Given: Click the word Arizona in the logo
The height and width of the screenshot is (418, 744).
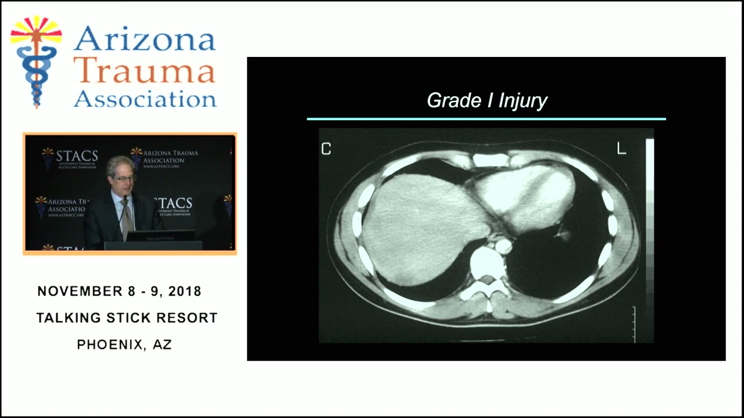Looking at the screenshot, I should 144,39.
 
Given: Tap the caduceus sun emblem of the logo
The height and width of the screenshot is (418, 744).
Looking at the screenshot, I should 36,61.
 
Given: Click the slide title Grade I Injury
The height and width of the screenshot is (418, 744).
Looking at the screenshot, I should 487,100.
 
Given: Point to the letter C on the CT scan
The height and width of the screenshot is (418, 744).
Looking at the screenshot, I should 326,149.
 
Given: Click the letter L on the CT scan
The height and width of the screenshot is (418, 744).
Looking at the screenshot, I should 621,149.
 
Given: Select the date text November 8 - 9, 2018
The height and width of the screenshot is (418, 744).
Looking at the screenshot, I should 119,291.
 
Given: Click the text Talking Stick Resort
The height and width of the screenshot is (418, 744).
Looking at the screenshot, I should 127,318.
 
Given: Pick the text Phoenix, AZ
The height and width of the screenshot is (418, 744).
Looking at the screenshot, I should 124,344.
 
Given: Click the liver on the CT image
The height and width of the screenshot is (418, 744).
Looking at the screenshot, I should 419,226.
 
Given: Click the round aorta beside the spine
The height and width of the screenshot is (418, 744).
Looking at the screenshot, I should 503,246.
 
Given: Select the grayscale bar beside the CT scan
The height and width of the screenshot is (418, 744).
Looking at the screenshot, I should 650,221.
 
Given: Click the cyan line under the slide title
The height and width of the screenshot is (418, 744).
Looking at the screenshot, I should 486,119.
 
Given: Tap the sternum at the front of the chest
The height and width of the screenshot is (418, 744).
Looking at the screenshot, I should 491,160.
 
